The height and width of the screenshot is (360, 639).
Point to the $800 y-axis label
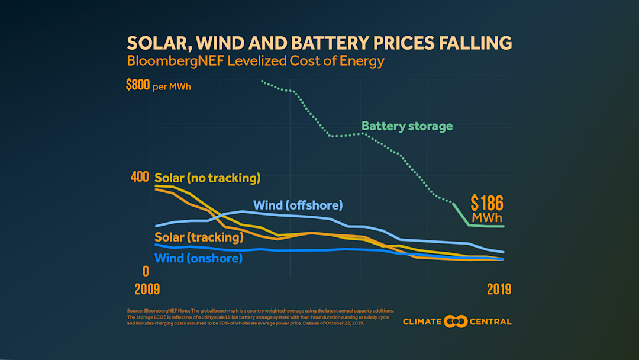point(137,85)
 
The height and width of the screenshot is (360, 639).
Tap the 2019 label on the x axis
point(499,290)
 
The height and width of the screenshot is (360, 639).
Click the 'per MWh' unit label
point(172,87)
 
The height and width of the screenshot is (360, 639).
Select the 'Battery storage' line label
point(406,126)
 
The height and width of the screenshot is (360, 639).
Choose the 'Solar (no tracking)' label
point(207,178)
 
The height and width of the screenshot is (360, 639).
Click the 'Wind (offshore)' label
point(298,205)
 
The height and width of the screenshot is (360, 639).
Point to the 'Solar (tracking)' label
point(199,237)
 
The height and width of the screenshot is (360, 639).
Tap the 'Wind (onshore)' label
point(198,259)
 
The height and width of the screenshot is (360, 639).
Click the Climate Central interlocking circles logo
point(456,322)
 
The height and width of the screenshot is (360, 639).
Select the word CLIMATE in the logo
point(422,322)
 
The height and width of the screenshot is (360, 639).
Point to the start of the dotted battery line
point(262,81)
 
